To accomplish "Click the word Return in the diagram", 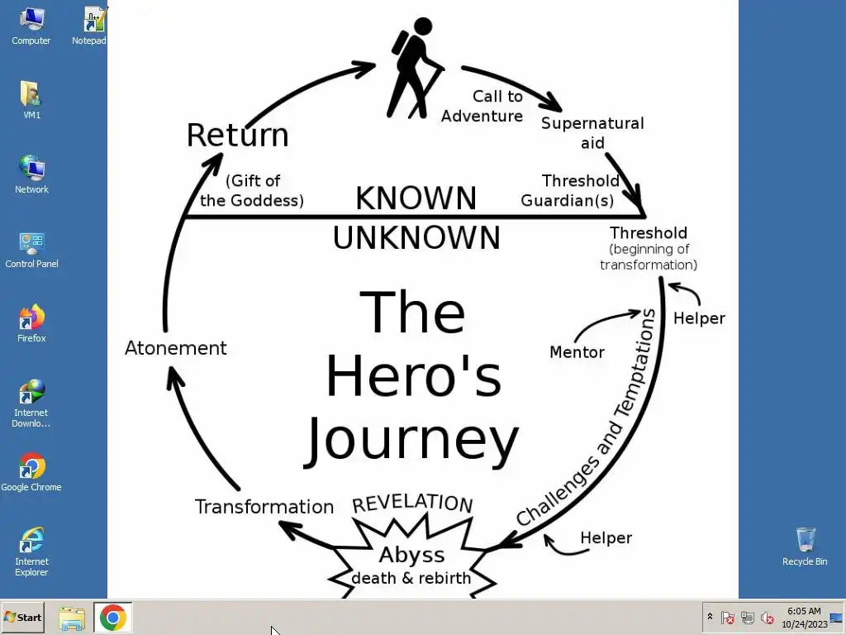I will tap(237, 135).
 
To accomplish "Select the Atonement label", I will tap(175, 348).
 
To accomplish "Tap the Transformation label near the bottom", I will tap(264, 507).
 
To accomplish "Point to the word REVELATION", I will tap(412, 503).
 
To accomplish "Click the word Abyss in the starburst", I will tap(411, 555).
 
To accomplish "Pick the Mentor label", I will tap(577, 352).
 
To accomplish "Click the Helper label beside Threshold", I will tap(699, 318).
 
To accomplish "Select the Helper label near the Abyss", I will tap(606, 538).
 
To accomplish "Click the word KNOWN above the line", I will tap(416, 198).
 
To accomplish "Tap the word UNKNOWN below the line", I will tap(416, 238).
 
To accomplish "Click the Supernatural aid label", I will tap(592, 133).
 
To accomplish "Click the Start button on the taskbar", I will tap(22, 618).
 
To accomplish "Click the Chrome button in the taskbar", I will tap(112, 618).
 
